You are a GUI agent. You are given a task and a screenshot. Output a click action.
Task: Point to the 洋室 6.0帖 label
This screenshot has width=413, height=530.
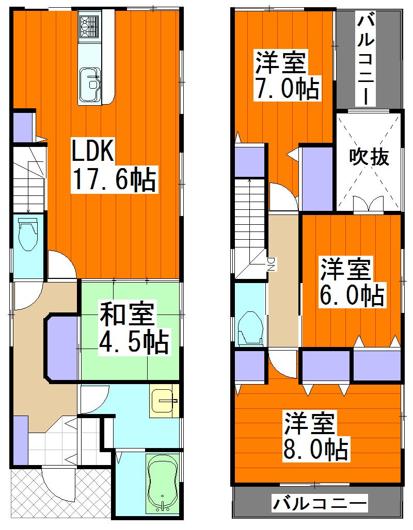tap(352, 282)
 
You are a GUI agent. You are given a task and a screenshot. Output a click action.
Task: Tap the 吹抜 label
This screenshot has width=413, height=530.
tap(369, 157)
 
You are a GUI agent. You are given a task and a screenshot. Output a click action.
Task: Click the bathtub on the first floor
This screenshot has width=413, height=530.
tap(163, 484)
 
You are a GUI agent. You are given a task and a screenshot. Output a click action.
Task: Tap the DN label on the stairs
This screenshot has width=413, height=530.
tap(270, 263)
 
